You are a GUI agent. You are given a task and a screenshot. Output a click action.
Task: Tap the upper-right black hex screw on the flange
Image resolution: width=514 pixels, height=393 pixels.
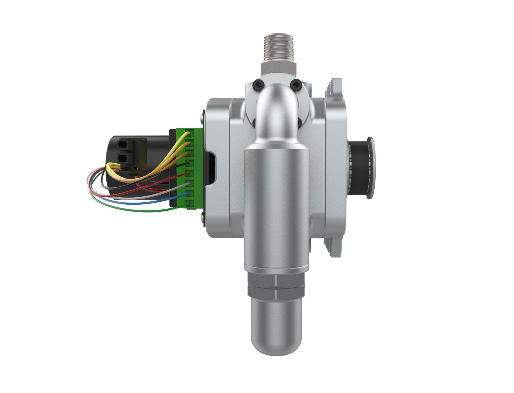(296, 84)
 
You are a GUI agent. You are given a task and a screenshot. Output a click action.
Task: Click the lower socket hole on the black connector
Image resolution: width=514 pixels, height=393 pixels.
(122, 158)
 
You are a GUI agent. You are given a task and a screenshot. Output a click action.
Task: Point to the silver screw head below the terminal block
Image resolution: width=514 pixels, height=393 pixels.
(202, 217)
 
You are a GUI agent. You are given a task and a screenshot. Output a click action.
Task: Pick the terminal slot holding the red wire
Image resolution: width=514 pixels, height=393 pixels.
(189, 173)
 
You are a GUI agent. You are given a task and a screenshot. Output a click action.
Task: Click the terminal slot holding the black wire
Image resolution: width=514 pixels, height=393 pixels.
(189, 163)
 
